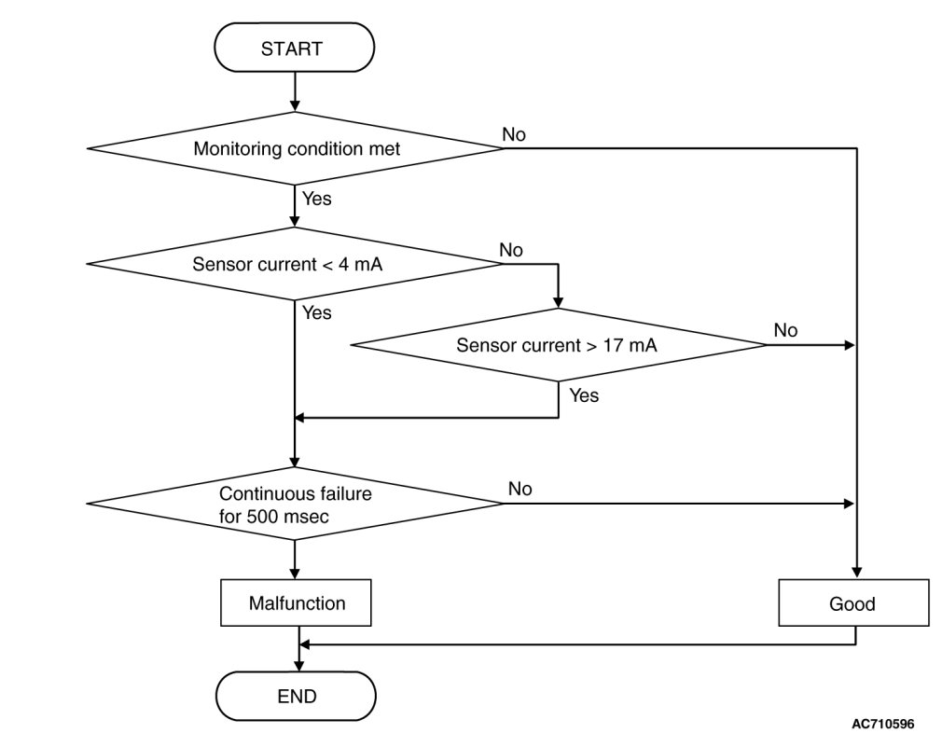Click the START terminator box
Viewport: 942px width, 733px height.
(295, 48)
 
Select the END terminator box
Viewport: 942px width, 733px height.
(296, 696)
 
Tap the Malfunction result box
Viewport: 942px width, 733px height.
(296, 602)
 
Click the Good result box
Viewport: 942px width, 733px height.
(853, 602)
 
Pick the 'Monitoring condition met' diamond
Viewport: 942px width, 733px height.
(295, 148)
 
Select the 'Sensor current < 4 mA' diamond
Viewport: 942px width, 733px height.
(295, 263)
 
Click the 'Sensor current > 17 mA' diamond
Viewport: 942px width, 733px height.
(558, 345)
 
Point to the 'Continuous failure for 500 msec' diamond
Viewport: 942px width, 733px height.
(295, 504)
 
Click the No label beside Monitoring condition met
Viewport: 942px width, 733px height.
(514, 134)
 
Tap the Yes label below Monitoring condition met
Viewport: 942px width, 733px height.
(316, 199)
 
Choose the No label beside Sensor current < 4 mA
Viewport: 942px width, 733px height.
(511, 250)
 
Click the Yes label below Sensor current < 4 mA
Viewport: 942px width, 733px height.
(316, 312)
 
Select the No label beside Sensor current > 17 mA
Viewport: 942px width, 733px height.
(786, 330)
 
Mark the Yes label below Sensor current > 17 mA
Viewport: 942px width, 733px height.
(584, 395)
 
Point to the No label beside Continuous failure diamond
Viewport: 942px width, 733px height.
(520, 489)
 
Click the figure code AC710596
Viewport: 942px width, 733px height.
(883, 724)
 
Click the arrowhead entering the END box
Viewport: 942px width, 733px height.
(298, 666)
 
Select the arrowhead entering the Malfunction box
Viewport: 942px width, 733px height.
(295, 574)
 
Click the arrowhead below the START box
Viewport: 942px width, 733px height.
(295, 106)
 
